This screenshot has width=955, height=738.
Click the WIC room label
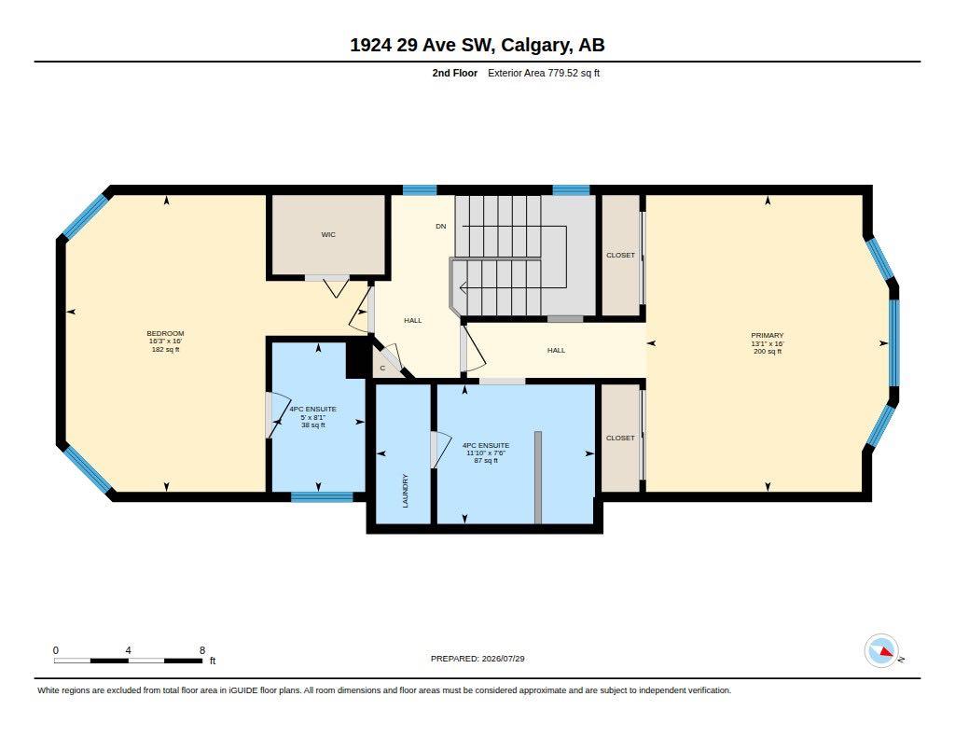pyautogui.click(x=328, y=234)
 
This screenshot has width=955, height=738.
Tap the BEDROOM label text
pyautogui.click(x=165, y=333)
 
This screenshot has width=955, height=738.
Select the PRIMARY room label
pyautogui.click(x=768, y=335)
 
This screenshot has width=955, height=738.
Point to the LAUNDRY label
pyautogui.click(x=406, y=491)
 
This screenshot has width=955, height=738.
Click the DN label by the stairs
pyautogui.click(x=441, y=226)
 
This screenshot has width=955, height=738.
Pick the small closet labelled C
pyautogui.click(x=382, y=369)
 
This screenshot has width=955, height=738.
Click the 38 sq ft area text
pyautogui.click(x=313, y=425)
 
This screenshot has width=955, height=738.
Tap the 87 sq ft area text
pyautogui.click(x=486, y=461)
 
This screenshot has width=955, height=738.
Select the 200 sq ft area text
pyautogui.click(x=768, y=351)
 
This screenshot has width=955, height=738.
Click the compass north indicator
pyautogui.click(x=881, y=651)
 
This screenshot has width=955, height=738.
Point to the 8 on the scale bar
pyautogui.click(x=202, y=650)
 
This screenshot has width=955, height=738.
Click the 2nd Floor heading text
pyautogui.click(x=455, y=73)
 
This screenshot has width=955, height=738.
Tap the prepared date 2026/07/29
pyautogui.click(x=503, y=659)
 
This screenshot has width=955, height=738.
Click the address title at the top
pyautogui.click(x=477, y=45)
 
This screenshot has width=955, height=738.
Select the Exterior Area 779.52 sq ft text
pyautogui.click(x=544, y=73)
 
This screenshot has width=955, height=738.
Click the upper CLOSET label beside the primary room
pyautogui.click(x=620, y=256)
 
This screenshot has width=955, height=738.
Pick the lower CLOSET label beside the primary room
pyautogui.click(x=620, y=439)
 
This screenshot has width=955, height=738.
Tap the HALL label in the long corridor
pyautogui.click(x=556, y=351)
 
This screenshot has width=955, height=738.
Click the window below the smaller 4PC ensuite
pyautogui.click(x=322, y=496)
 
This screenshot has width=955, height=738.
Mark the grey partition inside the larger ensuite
pyautogui.click(x=538, y=477)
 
